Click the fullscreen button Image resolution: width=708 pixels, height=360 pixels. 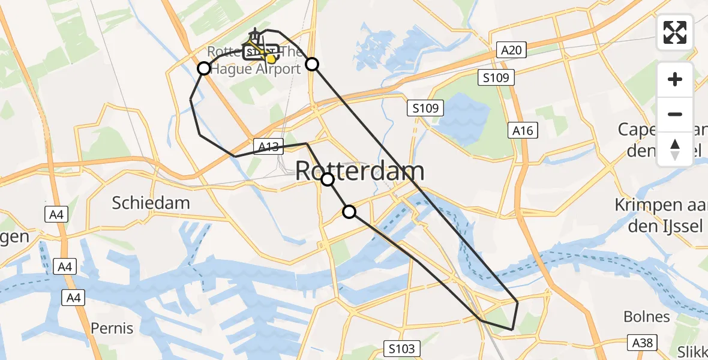[675, 32]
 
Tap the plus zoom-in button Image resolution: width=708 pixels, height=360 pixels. [675, 79]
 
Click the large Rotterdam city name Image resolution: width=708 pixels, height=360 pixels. [360, 172]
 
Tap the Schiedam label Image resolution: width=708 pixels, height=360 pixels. [151, 203]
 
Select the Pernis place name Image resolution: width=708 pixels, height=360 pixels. [112, 328]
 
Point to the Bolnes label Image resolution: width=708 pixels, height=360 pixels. [647, 316]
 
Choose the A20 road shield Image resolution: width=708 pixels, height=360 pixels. [512, 50]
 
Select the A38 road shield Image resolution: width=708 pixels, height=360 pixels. [643, 343]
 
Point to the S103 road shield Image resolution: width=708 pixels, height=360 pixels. [400, 348]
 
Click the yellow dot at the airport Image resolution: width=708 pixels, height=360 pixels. [272, 58]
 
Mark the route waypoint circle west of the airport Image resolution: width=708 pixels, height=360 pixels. [204, 68]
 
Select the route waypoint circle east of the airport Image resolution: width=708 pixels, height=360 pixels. [312, 64]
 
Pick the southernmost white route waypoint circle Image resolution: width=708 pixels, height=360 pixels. [349, 211]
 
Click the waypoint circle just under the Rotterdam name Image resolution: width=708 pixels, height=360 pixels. [328, 179]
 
